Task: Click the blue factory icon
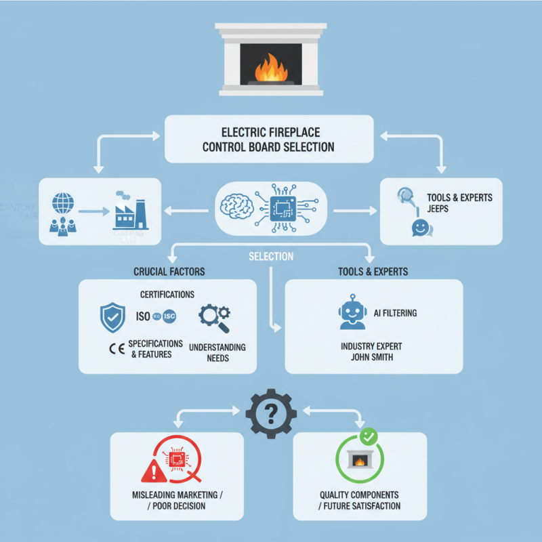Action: pos(130,211)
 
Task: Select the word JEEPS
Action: pos(438,209)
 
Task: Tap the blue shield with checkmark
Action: pos(112,316)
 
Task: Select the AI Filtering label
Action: pos(395,313)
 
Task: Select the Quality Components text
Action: pos(359,495)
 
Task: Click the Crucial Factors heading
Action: pos(169,272)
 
